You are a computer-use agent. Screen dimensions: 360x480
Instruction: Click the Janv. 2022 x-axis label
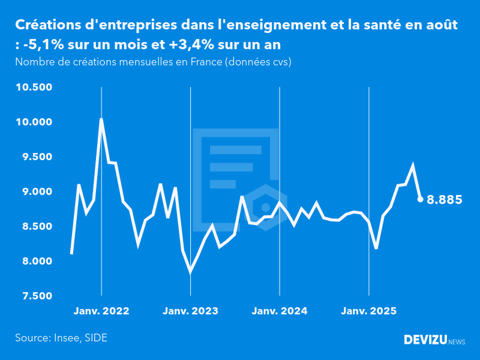pyautogui.click(x=101, y=311)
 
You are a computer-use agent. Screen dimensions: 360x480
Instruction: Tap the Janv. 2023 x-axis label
pyautogui.click(x=190, y=311)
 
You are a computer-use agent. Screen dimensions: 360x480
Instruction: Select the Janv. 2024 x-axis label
pyautogui.click(x=280, y=311)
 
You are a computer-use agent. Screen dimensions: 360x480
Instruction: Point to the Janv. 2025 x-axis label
pyautogui.click(x=369, y=311)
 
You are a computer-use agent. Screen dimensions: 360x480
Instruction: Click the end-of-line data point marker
pyautogui.click(x=420, y=199)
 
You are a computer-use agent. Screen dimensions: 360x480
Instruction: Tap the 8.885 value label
pyautogui.click(x=444, y=200)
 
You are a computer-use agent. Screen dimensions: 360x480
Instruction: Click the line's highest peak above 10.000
pyautogui.click(x=101, y=119)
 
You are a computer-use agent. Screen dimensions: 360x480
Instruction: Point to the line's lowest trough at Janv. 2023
pyautogui.click(x=190, y=272)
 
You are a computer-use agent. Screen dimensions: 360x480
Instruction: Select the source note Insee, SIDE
pyautogui.click(x=61, y=338)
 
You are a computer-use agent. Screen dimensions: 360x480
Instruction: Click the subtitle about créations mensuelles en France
pyautogui.click(x=153, y=62)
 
